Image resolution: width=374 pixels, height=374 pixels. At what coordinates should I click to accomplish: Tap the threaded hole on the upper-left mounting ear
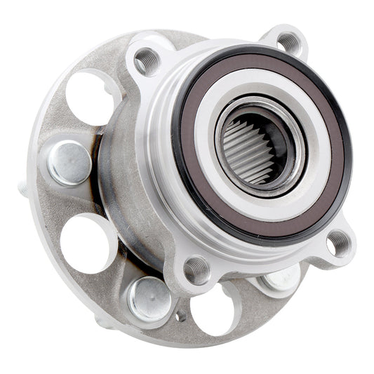147,62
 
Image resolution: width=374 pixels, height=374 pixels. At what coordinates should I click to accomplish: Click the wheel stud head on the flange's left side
69,163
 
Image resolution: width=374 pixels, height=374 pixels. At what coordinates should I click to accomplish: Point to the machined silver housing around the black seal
158,140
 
